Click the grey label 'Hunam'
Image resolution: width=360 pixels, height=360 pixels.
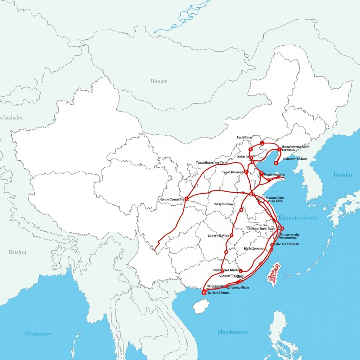click(x=159, y=81)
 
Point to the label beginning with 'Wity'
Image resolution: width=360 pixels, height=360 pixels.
click(x=224, y=204)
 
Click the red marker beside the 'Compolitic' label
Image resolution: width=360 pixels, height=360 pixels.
click(x=186, y=199)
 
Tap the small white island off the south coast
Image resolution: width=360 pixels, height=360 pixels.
click(x=201, y=306)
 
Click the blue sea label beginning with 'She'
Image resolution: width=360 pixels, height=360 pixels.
click(x=232, y=332)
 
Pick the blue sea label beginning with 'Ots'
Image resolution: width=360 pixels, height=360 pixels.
click(x=38, y=333)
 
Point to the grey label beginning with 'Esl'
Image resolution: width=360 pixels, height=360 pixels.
click(x=17, y=252)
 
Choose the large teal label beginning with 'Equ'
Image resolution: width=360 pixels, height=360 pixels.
click(x=298, y=218)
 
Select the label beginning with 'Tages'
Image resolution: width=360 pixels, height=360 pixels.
click(x=232, y=172)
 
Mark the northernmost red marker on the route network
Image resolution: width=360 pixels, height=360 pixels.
click(x=262, y=143)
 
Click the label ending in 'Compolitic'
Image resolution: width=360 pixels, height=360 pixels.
click(x=172, y=199)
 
